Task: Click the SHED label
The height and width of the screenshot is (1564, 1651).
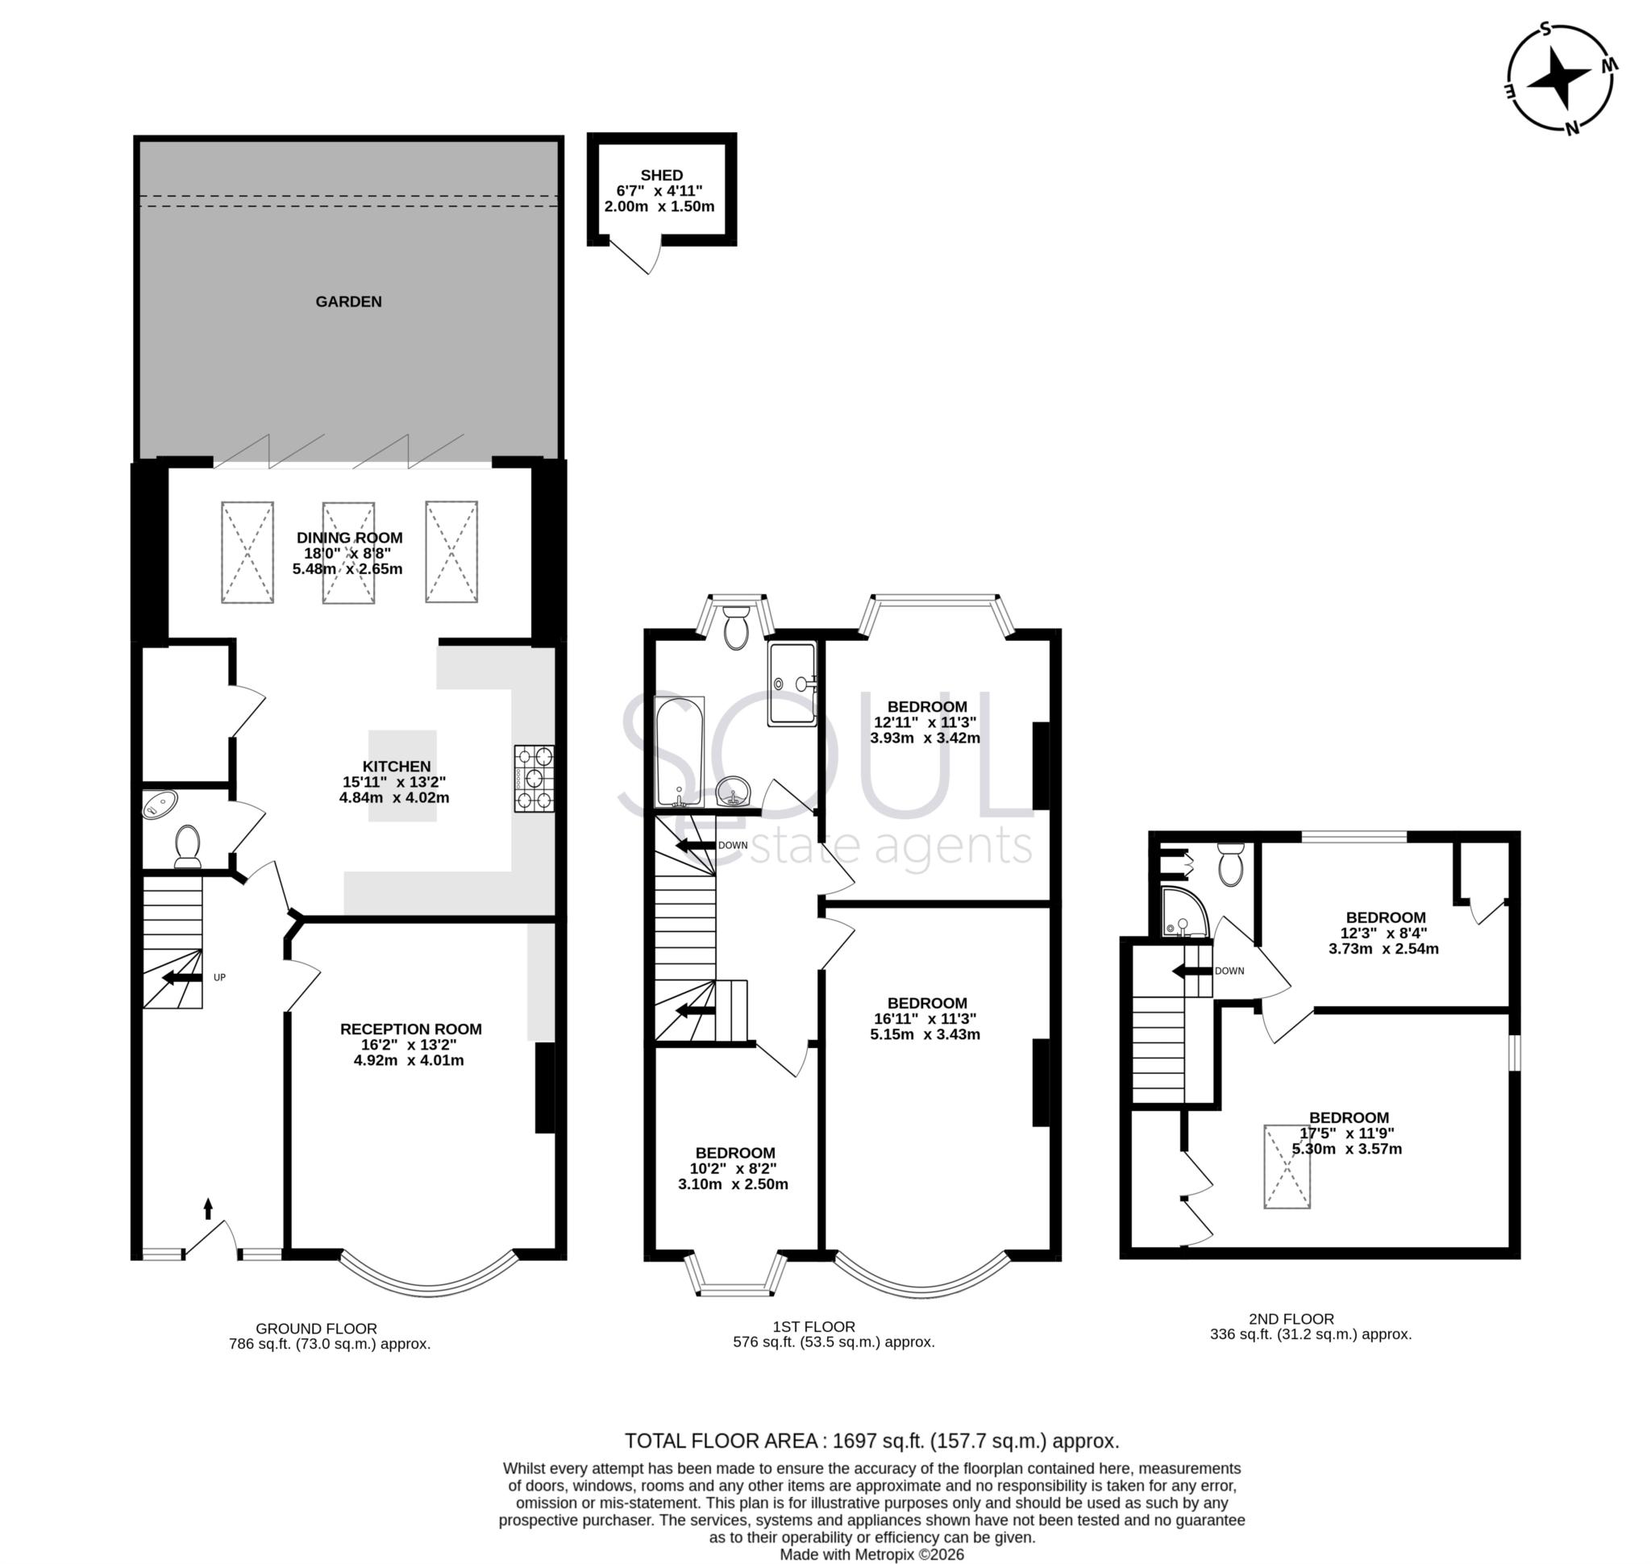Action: pos(661,175)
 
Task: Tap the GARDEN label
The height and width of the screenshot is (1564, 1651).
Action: pos(348,302)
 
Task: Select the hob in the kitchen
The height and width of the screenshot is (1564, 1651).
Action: pos(534,779)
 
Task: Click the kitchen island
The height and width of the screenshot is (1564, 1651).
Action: pos(403,776)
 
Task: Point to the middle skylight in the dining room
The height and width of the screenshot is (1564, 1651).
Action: pos(347,552)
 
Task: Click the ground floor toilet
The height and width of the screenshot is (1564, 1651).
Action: pos(188,846)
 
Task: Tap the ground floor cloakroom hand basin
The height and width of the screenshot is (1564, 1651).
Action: pos(160,805)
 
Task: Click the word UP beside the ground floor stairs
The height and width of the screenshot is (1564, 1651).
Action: pos(219,977)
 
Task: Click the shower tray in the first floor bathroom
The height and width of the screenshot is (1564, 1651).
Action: pos(792,684)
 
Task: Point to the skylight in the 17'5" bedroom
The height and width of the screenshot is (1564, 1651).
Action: pos(1287,1167)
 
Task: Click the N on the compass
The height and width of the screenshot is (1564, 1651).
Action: pos(1571,127)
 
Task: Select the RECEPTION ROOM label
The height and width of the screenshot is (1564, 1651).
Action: pos(410,1029)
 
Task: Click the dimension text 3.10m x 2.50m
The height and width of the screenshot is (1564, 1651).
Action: pos(732,1183)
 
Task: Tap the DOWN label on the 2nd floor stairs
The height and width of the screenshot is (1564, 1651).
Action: pos(1229,971)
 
